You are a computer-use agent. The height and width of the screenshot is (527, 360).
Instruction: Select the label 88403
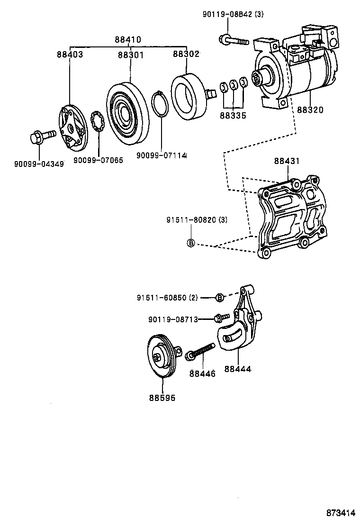click(x=70, y=55)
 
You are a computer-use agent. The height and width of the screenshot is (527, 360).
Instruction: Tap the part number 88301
click(x=131, y=55)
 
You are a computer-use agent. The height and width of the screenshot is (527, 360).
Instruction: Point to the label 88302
click(x=186, y=54)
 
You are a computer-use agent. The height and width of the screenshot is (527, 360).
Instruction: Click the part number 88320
click(x=310, y=110)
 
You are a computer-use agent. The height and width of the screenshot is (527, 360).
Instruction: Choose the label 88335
click(x=233, y=115)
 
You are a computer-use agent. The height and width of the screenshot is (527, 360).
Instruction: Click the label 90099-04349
click(x=39, y=164)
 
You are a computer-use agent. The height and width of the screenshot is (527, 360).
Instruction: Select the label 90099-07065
click(x=98, y=160)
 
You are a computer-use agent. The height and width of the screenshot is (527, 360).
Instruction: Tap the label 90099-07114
click(x=162, y=155)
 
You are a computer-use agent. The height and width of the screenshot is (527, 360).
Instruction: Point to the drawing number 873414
click(x=340, y=513)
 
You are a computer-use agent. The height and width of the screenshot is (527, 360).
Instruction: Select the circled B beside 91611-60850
click(x=219, y=297)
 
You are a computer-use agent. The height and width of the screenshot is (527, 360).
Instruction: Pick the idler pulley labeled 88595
click(x=161, y=356)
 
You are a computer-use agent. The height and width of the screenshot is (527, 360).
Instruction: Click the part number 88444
click(x=238, y=368)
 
